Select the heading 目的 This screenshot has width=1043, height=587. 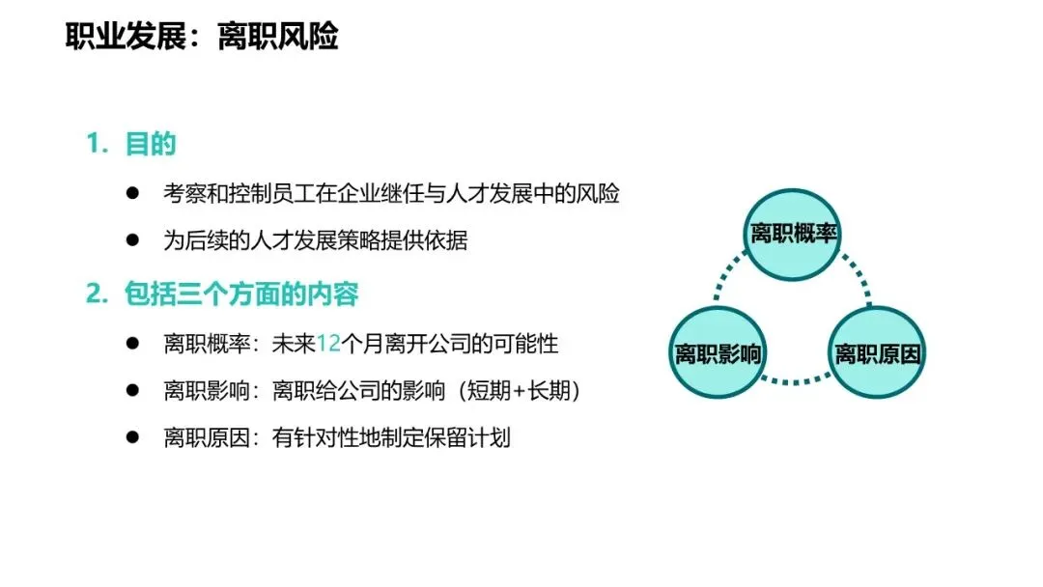click(x=151, y=145)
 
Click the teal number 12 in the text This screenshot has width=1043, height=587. click(x=329, y=343)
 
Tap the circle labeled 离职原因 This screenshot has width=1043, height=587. click(x=877, y=352)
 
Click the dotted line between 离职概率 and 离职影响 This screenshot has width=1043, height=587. click(x=731, y=286)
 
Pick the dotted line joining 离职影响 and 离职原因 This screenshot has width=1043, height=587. click(x=796, y=380)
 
